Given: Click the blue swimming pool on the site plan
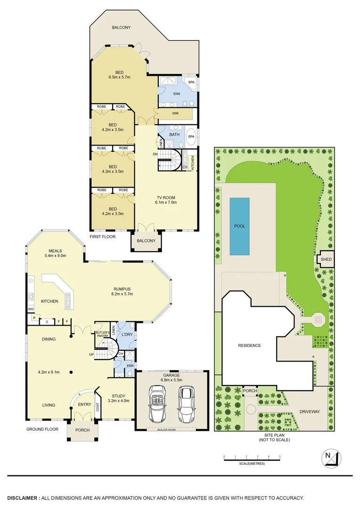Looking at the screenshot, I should click(x=239, y=226).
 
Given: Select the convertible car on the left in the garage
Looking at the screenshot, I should click(x=157, y=404).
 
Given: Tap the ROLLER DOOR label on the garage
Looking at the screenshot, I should click(x=171, y=429).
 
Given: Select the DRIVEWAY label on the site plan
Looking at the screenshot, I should click(x=310, y=411).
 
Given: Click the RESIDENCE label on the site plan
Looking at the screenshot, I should click(x=249, y=345).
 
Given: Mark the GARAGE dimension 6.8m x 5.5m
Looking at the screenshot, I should click(x=172, y=379).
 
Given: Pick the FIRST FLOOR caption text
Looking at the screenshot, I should click(x=102, y=237).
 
